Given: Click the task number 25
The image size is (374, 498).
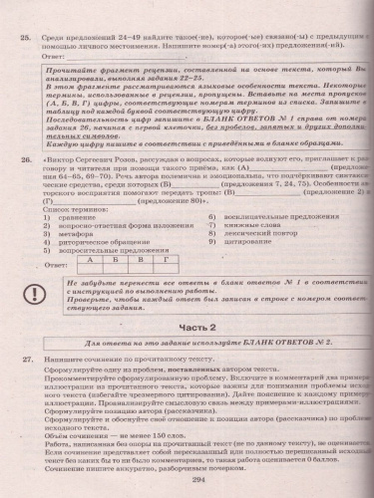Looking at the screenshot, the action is [28, 15].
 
